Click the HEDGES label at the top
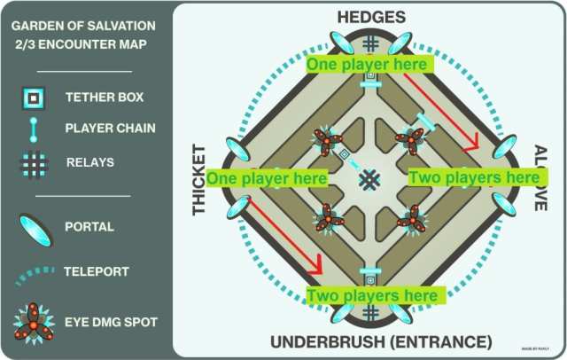(x=372, y=17)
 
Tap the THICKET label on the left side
(x=199, y=179)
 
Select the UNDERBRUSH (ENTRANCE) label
(x=381, y=341)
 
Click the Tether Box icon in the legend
(x=34, y=97)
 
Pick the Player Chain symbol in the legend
(x=34, y=129)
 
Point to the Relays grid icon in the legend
(x=34, y=162)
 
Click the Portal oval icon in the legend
(x=34, y=227)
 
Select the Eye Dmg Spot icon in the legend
(x=34, y=320)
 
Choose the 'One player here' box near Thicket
(x=268, y=178)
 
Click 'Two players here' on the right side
(x=475, y=178)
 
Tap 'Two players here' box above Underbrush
(x=371, y=294)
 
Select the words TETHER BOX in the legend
(x=105, y=97)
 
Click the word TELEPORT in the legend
(x=97, y=272)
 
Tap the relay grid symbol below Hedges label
(x=370, y=43)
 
